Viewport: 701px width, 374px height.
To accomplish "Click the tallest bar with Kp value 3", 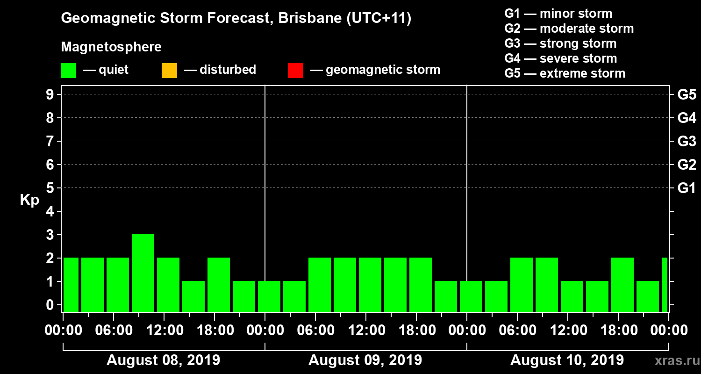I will click(143, 273).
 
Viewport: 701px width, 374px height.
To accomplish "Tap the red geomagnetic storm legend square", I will click(295, 71).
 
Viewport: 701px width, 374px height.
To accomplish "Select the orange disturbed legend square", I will click(169, 71).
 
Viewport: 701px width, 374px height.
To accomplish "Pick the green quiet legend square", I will click(68, 71).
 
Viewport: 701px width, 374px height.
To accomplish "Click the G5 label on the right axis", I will click(687, 95).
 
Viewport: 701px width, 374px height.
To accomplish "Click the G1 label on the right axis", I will click(687, 188).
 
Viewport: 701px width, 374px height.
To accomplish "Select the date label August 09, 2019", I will click(365, 360).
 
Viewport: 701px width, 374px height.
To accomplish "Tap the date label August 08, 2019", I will click(163, 360).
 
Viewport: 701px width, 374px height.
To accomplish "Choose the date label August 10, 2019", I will click(567, 360).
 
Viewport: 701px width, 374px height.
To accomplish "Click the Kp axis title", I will click(29, 200).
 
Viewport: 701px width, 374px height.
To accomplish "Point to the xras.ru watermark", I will click(673, 360).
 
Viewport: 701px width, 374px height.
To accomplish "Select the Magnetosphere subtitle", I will click(111, 47).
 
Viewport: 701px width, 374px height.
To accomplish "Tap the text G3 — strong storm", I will click(560, 43).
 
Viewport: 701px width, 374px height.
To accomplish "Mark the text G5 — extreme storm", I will click(565, 73).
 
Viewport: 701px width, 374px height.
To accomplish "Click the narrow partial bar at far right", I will click(665, 285).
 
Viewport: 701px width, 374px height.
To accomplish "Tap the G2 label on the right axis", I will click(687, 165).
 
